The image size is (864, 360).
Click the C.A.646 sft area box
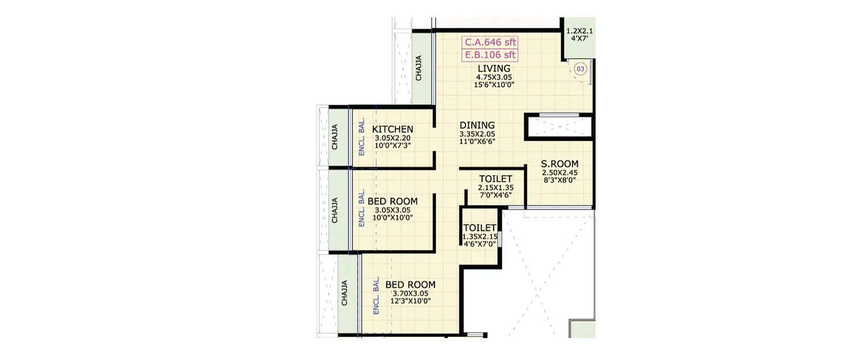click(x=490, y=42)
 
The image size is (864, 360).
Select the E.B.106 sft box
click(x=490, y=55)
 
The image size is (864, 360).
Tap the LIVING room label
click(x=494, y=69)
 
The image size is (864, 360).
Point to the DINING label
click(x=477, y=125)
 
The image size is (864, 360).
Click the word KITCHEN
click(x=392, y=129)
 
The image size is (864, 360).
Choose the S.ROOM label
click(x=559, y=164)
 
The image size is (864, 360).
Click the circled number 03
click(x=580, y=69)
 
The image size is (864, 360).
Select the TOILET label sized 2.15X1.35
click(x=496, y=179)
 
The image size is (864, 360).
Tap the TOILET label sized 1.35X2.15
click(x=480, y=228)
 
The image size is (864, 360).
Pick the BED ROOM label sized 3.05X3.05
click(x=392, y=201)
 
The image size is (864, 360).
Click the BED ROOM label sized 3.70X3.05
click(x=410, y=285)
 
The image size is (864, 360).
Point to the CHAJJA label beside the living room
click(x=419, y=68)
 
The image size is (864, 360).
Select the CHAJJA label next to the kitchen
click(x=335, y=138)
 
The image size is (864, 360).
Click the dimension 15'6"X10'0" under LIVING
click(x=494, y=85)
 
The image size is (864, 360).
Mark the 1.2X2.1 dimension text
click(x=579, y=31)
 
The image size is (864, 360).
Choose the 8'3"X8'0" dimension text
click(x=559, y=180)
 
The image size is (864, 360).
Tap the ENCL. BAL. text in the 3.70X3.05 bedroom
click(x=376, y=296)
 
